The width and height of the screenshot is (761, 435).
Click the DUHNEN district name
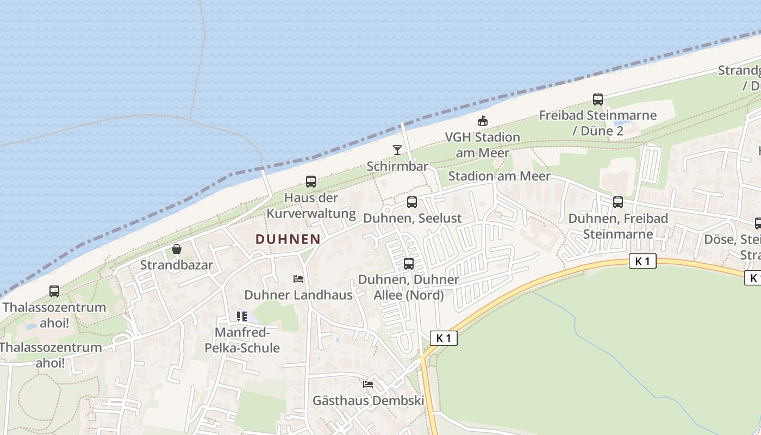(288, 239)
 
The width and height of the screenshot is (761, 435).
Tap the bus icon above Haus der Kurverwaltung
(311, 182)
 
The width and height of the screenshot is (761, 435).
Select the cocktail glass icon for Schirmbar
(397, 150)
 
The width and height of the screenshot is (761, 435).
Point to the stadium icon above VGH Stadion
(482, 121)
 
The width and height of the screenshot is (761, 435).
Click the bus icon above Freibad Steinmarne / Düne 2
(598, 100)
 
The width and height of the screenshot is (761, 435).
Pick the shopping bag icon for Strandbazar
(177, 249)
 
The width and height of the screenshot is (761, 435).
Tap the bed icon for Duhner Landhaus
(298, 279)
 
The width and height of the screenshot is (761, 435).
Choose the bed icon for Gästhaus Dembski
(368, 384)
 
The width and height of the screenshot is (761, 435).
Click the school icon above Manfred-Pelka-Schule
(242, 316)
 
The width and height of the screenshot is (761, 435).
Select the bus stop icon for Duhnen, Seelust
(412, 202)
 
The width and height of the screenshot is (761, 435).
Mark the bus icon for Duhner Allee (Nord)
(409, 264)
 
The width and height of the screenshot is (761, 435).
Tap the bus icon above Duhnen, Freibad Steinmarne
(618, 202)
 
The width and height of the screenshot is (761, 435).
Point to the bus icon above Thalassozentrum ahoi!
(54, 291)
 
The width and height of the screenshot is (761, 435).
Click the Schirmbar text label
(397, 166)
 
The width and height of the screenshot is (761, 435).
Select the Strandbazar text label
(177, 265)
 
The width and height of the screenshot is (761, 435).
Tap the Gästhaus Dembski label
(368, 401)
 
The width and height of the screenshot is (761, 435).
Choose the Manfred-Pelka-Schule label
(242, 340)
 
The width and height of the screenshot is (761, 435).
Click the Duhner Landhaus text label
(298, 295)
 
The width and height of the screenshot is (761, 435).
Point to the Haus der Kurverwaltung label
(311, 206)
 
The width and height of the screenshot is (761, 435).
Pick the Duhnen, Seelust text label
(412, 219)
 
